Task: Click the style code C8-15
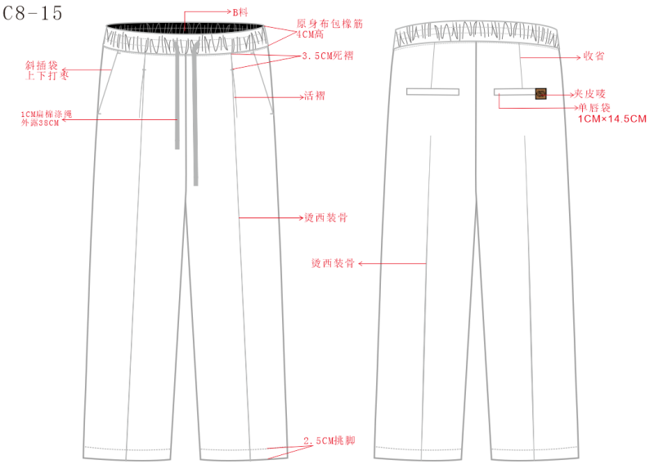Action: (x=32, y=14)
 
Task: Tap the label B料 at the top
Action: (x=240, y=12)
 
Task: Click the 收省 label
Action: (x=594, y=57)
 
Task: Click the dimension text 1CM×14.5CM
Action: (x=612, y=119)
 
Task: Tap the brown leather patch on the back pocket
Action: (x=540, y=94)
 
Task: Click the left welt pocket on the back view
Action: (x=432, y=92)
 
